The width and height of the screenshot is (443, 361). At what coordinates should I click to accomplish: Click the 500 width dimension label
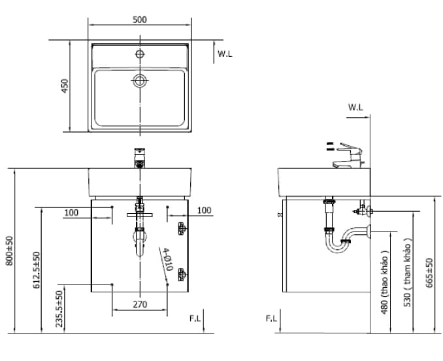click(139, 20)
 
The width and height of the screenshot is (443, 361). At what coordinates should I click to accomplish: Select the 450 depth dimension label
click(65, 86)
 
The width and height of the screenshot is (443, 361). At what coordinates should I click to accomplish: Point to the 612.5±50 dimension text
click(37, 269)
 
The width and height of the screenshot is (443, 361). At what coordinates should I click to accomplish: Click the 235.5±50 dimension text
click(59, 308)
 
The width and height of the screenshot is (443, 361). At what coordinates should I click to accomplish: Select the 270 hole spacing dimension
click(139, 304)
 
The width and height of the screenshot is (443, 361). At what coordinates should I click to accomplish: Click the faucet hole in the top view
click(139, 52)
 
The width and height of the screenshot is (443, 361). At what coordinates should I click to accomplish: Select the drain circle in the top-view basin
click(139, 80)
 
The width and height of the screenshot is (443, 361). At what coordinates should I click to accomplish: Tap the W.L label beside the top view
click(225, 54)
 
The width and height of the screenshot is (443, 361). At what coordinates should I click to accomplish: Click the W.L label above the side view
click(355, 106)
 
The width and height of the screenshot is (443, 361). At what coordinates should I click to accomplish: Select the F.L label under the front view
click(195, 318)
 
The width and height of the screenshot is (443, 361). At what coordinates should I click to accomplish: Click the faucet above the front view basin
click(139, 158)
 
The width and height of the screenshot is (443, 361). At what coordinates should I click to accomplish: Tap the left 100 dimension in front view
click(71, 211)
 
